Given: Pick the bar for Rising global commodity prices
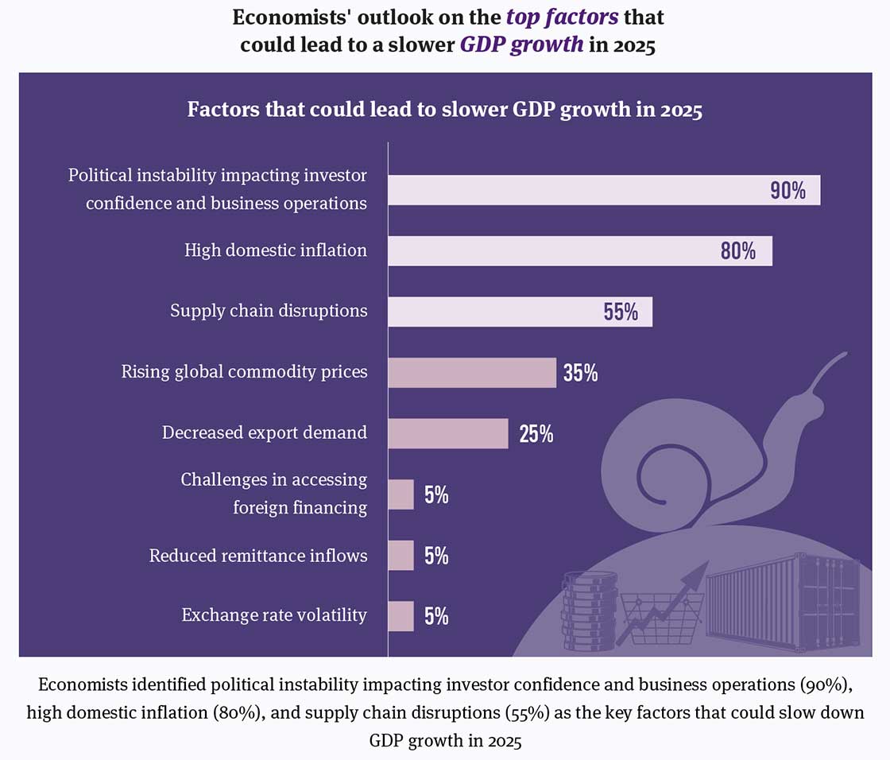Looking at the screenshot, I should click(x=472, y=372).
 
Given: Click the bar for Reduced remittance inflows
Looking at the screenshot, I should click(x=401, y=555).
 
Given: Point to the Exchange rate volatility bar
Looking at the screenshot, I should click(x=401, y=615).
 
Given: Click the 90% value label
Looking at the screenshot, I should click(x=787, y=192).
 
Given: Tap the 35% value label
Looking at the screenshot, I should click(x=581, y=373).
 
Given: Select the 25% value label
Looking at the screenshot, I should click(x=536, y=434).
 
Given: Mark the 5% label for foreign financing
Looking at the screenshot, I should click(x=436, y=495).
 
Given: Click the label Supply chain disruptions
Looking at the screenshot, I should click(x=269, y=310).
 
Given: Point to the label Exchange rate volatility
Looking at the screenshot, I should click(x=274, y=615).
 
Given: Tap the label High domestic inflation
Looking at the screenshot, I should click(x=276, y=250).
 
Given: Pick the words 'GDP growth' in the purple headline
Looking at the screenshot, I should click(x=521, y=44).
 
